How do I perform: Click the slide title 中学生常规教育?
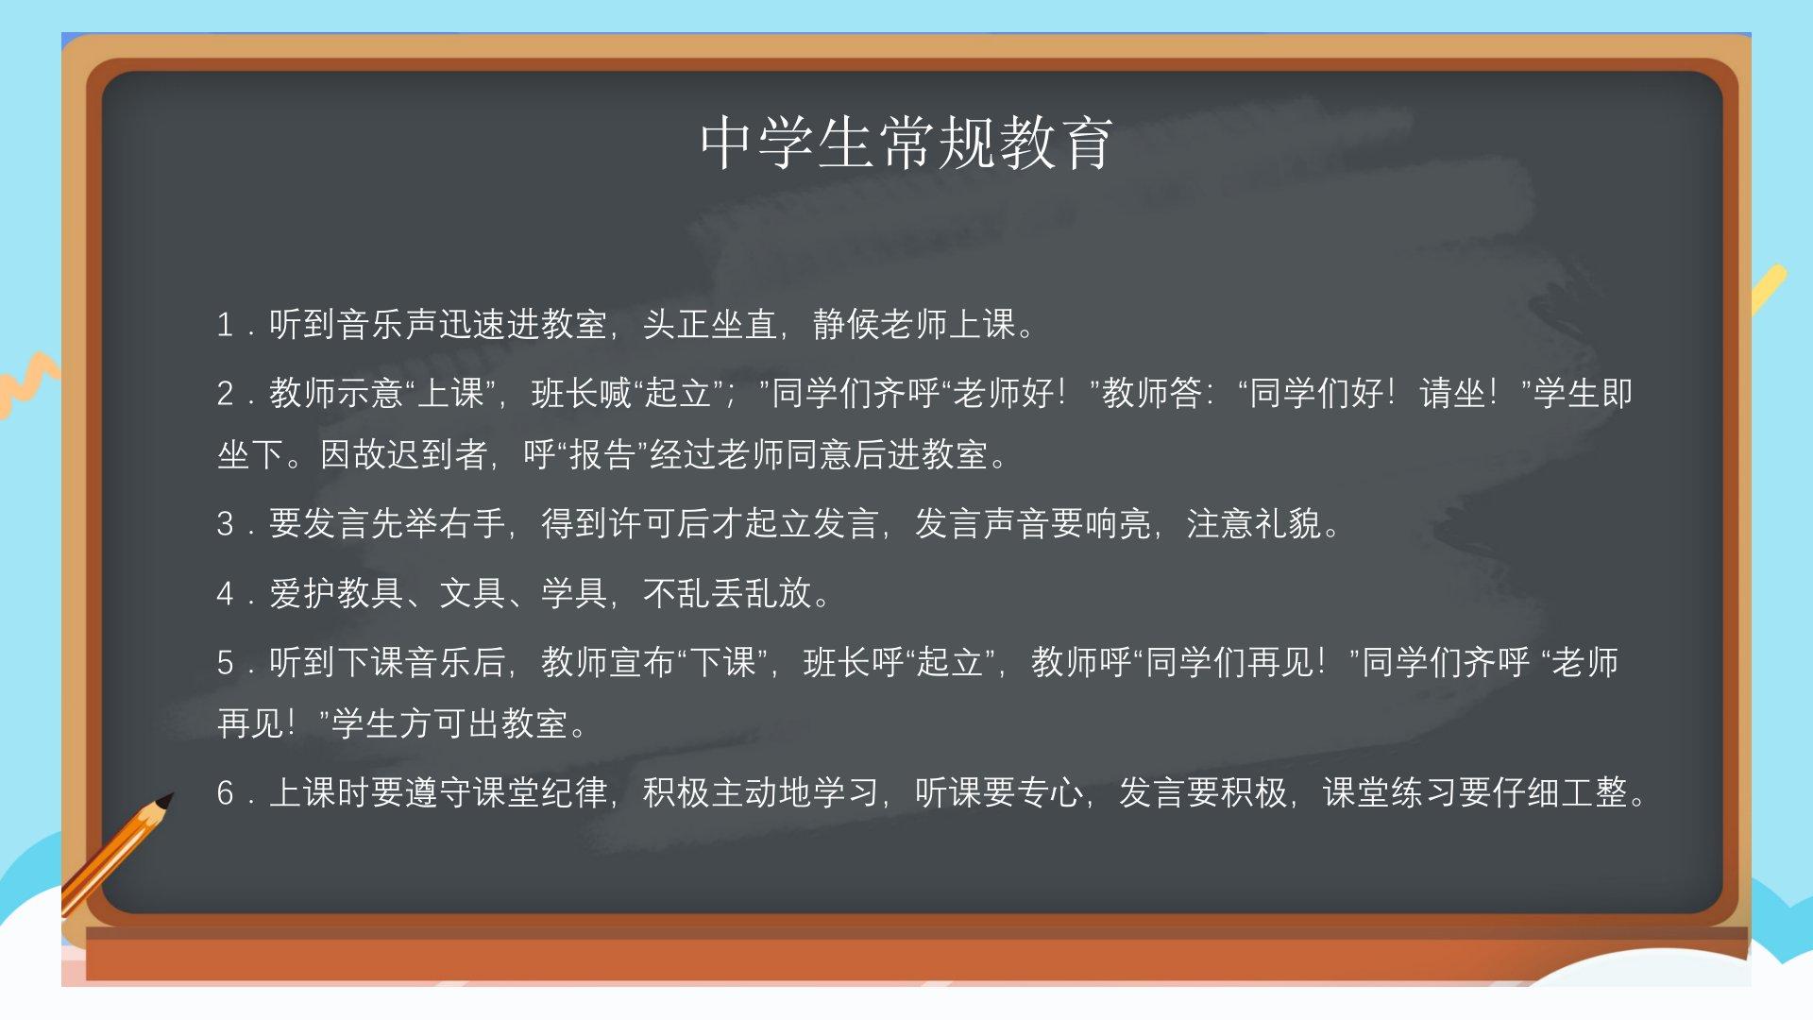[906, 144]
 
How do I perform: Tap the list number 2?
[225, 394]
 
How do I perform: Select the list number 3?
[225, 524]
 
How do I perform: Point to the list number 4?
[225, 594]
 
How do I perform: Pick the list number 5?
[225, 663]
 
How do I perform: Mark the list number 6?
[225, 793]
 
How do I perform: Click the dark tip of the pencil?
[165, 802]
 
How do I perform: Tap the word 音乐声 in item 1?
[388, 325]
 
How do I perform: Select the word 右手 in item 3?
[473, 523]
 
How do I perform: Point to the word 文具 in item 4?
[473, 593]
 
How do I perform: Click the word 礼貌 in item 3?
[1289, 523]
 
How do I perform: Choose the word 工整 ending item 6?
[1595, 792]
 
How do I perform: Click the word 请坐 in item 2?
[1453, 393]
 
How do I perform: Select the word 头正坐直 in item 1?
[711, 325]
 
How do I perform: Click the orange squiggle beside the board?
[28, 382]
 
